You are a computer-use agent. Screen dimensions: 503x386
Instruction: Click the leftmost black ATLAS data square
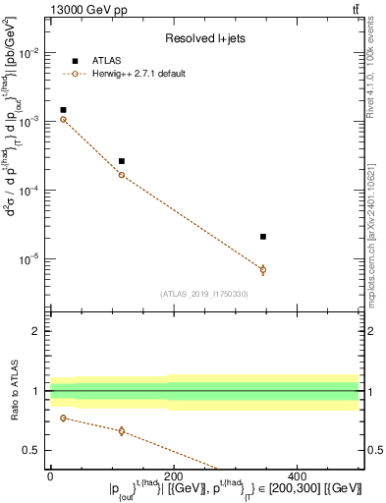click(x=63, y=110)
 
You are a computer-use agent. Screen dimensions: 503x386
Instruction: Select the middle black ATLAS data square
click(x=122, y=161)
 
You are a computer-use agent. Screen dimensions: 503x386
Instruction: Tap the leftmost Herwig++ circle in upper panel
click(x=63, y=119)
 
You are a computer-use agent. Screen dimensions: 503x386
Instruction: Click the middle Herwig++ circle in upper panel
click(x=122, y=175)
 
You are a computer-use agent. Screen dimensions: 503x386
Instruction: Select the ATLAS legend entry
click(x=111, y=61)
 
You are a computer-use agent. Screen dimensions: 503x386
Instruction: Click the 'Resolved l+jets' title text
click(x=205, y=39)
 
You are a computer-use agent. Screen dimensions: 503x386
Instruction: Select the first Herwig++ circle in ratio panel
click(x=63, y=418)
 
